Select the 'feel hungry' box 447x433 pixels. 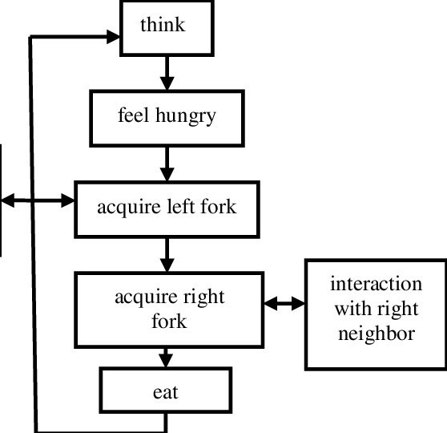(x=167, y=117)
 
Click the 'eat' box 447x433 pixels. (x=167, y=394)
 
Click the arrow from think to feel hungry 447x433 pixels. (x=167, y=72)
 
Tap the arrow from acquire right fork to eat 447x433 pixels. (x=167, y=357)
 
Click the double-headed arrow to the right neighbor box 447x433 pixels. (x=285, y=304)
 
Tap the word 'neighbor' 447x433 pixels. (x=376, y=333)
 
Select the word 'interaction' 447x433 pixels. (x=376, y=285)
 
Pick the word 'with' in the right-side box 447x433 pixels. (x=351, y=309)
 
